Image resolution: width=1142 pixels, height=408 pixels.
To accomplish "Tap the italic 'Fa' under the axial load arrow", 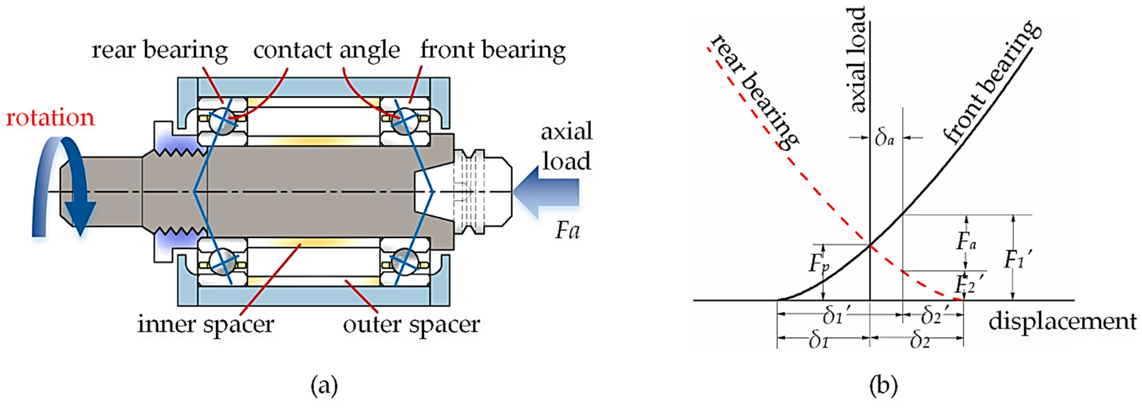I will point(567,231).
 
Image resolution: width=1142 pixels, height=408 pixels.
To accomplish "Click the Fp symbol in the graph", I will point(818,264).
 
